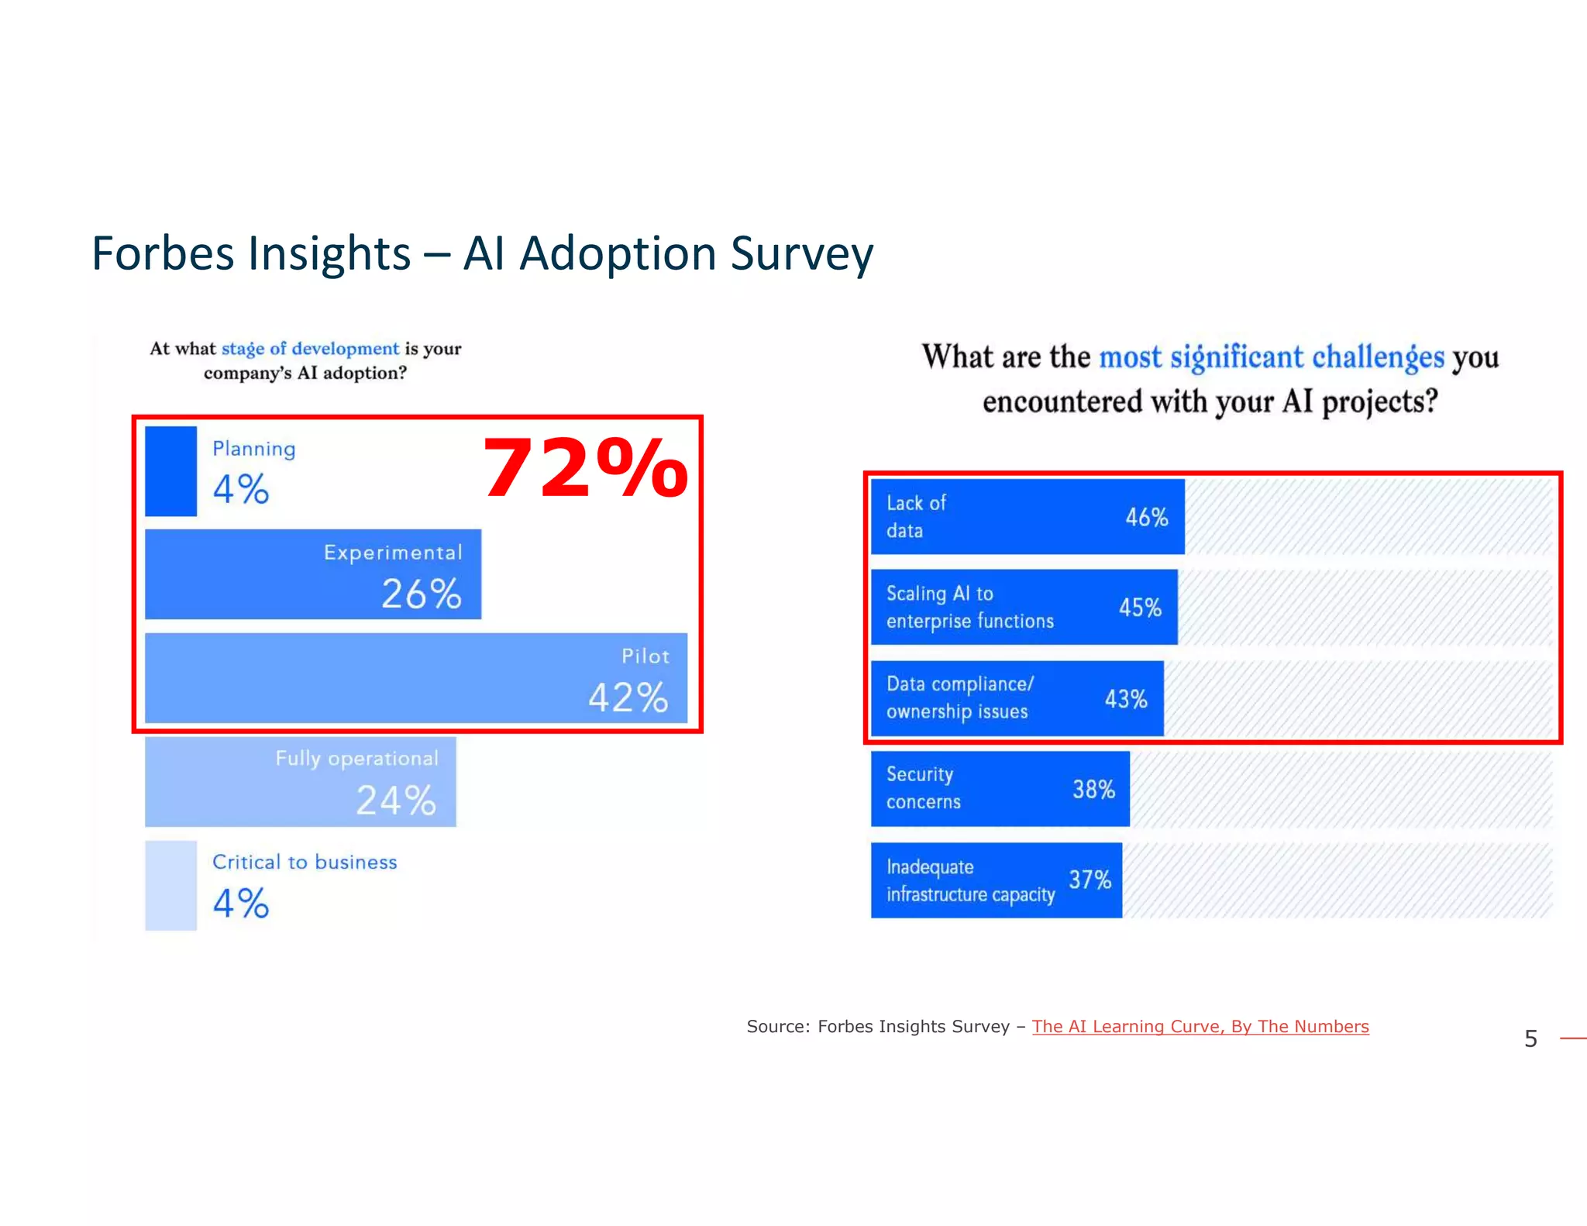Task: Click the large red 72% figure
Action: coord(585,469)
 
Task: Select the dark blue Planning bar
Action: coord(170,471)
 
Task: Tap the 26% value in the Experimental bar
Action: coord(422,594)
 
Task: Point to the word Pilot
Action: coord(645,656)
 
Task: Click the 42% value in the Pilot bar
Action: coord(628,697)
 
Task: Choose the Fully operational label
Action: coord(356,759)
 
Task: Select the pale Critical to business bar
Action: coord(170,885)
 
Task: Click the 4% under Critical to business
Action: coord(241,904)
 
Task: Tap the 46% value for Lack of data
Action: coord(1146,517)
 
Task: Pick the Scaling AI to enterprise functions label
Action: coord(969,608)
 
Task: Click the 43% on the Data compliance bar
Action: coord(1125,699)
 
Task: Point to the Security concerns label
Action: coord(923,788)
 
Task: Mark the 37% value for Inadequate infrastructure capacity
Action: coord(1090,880)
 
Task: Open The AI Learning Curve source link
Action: coord(1200,1027)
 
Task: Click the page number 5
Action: coord(1530,1038)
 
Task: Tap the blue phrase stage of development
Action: coord(310,349)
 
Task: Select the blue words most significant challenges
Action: coord(1272,357)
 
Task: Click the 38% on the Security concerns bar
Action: coord(1093,790)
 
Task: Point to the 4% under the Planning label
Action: coord(241,490)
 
